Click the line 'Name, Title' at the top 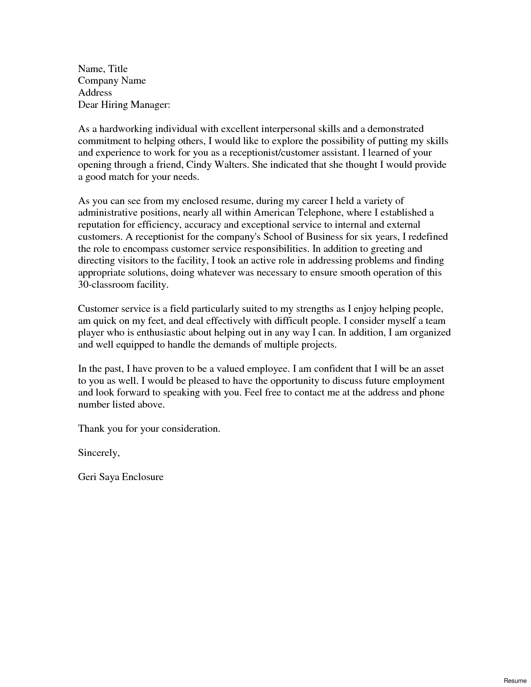pyautogui.click(x=102, y=69)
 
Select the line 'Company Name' pyautogui.click(x=112, y=81)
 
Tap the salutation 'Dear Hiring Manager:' pyautogui.click(x=124, y=105)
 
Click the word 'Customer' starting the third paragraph pyautogui.click(x=98, y=309)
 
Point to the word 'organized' pyautogui.click(x=430, y=333)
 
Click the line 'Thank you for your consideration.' pyautogui.click(x=149, y=429)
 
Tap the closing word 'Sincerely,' pyautogui.click(x=99, y=453)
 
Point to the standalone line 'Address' pyautogui.click(x=95, y=93)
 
